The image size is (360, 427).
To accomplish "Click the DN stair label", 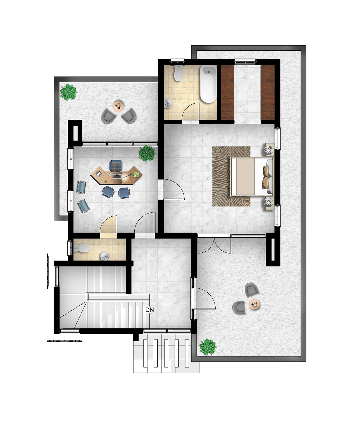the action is click(149, 310).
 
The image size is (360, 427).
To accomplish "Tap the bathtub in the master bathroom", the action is click(208, 84).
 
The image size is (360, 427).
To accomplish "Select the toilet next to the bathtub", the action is click(178, 73).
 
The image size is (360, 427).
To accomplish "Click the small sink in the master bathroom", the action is click(168, 104).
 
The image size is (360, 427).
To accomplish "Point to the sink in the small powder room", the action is click(105, 256).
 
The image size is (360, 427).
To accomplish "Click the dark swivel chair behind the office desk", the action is click(116, 166).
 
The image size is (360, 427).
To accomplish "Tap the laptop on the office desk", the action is click(117, 176).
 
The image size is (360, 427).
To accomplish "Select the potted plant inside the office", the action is click(147, 153).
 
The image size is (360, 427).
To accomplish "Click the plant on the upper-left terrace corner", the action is click(68, 92).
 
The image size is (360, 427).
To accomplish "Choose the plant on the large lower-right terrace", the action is click(207, 347).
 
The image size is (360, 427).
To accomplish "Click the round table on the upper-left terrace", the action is click(118, 106).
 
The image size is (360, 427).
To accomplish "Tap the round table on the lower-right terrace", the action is click(254, 304).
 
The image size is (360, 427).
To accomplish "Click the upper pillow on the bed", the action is click(266, 171).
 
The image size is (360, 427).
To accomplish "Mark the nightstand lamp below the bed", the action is click(269, 202).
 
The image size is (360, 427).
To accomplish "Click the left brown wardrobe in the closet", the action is click(228, 92).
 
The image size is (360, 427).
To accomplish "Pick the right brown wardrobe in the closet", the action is click(268, 92).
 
